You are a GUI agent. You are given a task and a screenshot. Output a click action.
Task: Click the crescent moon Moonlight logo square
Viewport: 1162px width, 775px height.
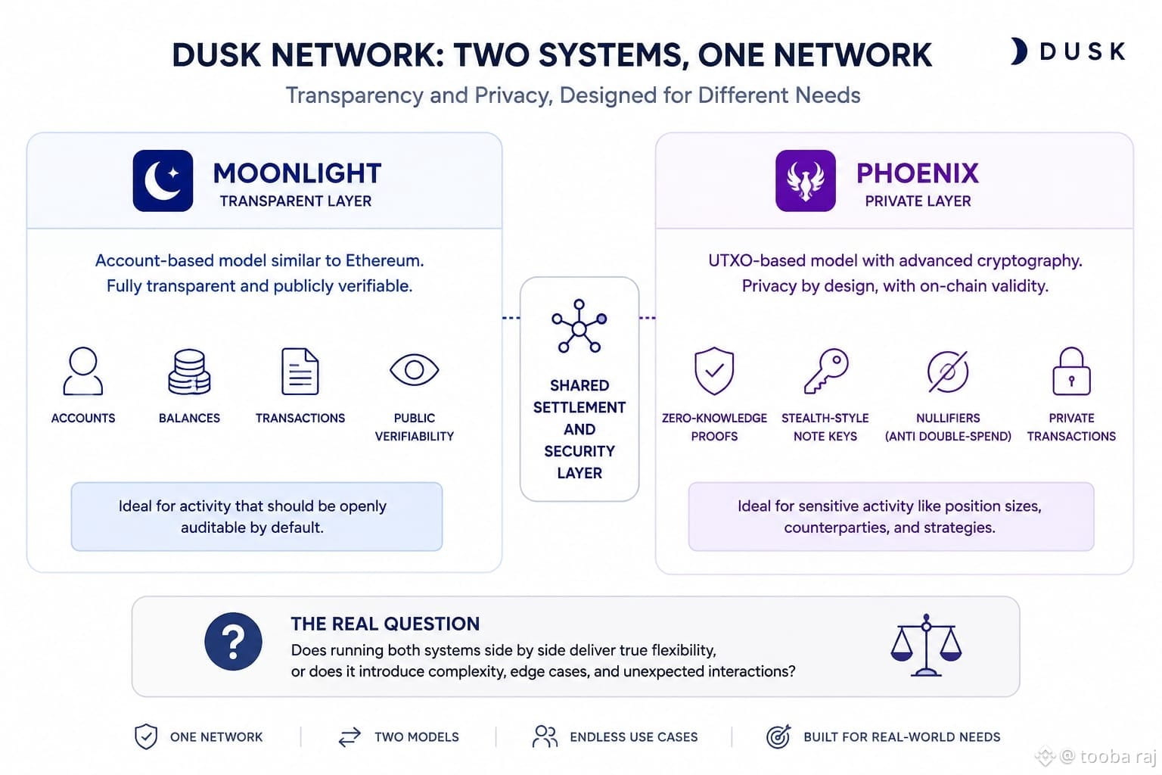(x=163, y=181)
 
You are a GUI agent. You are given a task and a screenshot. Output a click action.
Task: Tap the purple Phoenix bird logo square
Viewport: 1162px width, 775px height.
(x=806, y=181)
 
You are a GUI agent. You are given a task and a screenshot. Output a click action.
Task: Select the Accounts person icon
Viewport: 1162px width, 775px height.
(x=83, y=371)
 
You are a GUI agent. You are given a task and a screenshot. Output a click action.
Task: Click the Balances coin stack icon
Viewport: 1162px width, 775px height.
(x=189, y=372)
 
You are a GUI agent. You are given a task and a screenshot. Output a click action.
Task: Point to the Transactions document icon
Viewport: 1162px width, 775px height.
(x=300, y=372)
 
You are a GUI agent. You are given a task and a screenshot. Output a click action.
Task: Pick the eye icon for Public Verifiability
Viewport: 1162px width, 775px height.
(x=414, y=370)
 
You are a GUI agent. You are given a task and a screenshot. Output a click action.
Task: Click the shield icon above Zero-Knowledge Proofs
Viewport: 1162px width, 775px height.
(x=714, y=371)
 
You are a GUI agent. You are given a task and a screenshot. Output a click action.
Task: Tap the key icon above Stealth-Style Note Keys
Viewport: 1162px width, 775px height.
(x=826, y=371)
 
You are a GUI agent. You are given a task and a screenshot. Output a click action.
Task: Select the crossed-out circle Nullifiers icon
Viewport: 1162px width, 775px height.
(x=948, y=372)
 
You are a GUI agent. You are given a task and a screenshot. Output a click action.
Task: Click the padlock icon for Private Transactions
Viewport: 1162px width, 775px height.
(x=1071, y=371)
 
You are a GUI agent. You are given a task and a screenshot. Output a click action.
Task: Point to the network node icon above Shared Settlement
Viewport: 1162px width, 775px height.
(x=579, y=326)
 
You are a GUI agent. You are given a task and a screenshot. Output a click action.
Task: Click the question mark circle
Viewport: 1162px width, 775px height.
(x=234, y=642)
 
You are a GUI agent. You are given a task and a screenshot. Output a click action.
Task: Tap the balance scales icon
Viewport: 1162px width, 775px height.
(x=927, y=646)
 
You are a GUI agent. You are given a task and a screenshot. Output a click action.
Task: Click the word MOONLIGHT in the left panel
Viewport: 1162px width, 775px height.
(x=297, y=173)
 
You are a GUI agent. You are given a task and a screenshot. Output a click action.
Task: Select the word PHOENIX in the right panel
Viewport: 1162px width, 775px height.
(x=918, y=173)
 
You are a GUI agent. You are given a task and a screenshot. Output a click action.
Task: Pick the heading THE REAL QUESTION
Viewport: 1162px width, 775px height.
(x=385, y=624)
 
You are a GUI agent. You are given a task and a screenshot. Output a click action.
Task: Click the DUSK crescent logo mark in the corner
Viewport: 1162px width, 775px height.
(x=1019, y=51)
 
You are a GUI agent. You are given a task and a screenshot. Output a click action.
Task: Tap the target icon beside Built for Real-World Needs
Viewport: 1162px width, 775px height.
(x=778, y=736)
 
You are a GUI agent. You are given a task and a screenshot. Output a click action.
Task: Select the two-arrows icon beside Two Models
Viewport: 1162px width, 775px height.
(x=350, y=737)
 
